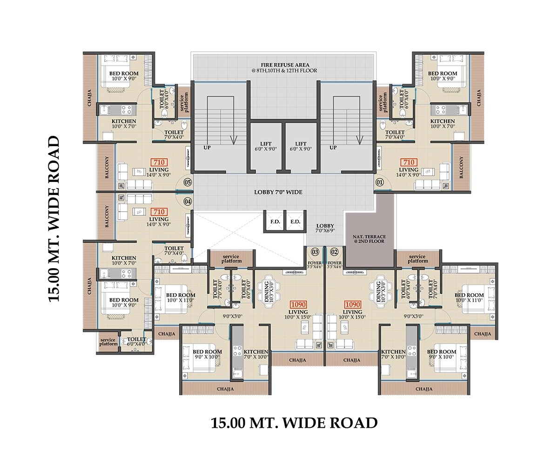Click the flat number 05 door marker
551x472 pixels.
(188, 182)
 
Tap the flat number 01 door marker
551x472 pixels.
(380, 182)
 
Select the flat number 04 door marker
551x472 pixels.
(188, 202)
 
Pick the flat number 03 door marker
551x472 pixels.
(315, 252)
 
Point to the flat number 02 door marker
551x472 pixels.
(334, 252)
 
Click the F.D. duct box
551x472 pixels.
(275, 222)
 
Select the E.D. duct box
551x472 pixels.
(295, 222)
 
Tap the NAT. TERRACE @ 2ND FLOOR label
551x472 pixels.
(370, 240)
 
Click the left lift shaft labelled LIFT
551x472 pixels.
(266, 146)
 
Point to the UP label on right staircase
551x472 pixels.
(333, 148)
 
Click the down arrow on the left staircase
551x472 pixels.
(232, 140)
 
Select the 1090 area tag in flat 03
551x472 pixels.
(297, 304)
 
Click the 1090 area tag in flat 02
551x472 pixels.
(352, 304)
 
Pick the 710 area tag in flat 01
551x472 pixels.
(409, 162)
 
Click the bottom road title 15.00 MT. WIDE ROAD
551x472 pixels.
(294, 423)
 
